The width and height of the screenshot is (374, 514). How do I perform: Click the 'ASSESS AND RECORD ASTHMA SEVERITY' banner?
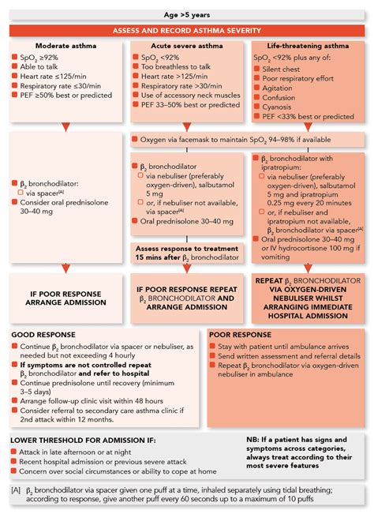pos(187,30)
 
